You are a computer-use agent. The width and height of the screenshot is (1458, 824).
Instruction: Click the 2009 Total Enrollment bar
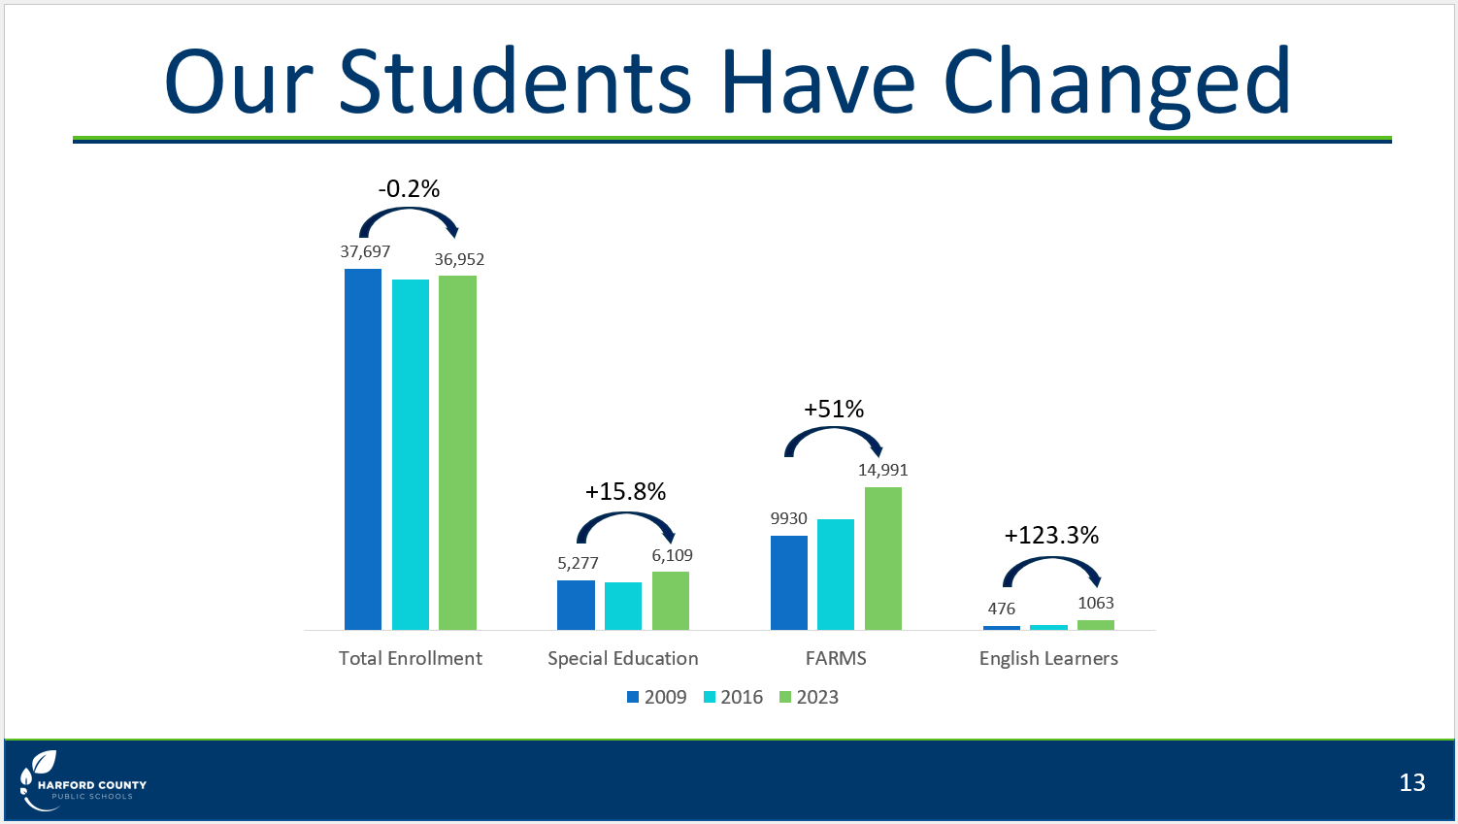362,449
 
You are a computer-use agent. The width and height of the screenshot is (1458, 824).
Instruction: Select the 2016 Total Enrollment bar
410,454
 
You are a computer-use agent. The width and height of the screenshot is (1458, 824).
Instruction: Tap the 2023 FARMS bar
882,558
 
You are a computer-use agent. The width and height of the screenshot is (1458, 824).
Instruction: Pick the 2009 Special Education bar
576,605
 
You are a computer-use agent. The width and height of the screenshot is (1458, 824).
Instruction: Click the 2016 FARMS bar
835,574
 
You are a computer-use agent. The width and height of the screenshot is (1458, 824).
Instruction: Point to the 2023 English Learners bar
1096,625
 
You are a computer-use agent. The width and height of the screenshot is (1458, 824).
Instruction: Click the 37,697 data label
365,252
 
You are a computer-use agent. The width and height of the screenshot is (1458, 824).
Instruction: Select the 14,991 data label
882,470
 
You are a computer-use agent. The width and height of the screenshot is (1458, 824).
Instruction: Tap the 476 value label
1001,609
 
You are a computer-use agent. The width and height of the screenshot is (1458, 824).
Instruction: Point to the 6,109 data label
673,555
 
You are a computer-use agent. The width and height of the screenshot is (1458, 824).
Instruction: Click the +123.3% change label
1051,535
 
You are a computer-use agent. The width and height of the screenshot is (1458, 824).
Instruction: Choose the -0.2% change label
409,188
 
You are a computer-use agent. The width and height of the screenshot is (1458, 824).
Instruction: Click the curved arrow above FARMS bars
833,430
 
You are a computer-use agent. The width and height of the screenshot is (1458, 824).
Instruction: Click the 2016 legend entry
733,697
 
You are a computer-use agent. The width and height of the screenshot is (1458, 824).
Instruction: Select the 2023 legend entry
809,697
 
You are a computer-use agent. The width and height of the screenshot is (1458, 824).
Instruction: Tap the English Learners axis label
1048,659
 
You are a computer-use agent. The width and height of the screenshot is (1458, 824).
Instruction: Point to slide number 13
1411,782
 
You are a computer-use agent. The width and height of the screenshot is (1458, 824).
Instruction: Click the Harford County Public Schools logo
83,781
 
